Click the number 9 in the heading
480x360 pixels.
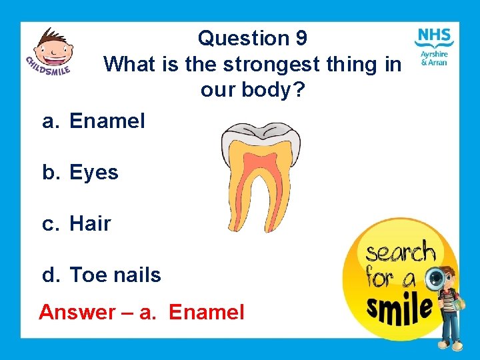click(x=301, y=38)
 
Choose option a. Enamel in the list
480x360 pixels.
click(x=93, y=121)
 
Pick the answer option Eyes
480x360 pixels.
click(x=93, y=173)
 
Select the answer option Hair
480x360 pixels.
click(x=90, y=224)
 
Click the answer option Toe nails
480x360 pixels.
click(x=115, y=275)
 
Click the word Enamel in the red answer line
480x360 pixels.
click(x=207, y=312)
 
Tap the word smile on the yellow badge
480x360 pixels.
click(x=398, y=308)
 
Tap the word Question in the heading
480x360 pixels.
click(x=243, y=38)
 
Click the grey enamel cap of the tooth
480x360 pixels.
click(x=261, y=130)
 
